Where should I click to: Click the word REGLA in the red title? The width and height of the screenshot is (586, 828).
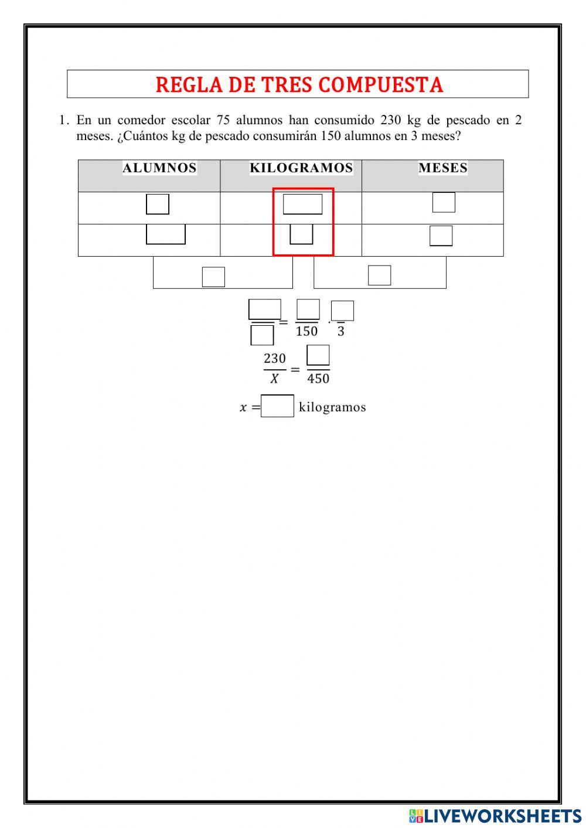point(189,84)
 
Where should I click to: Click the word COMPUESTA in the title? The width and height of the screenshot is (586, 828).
point(380,84)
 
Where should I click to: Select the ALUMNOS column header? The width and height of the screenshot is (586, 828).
point(159,168)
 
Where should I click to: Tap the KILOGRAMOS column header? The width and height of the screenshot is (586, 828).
point(301,168)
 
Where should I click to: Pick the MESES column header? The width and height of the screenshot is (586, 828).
point(443,168)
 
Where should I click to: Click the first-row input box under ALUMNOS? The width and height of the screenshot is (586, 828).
point(158,204)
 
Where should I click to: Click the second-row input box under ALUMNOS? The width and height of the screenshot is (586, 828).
point(166,234)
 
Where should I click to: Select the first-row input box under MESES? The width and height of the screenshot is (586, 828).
point(444,202)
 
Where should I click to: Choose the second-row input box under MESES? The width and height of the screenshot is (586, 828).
point(441,236)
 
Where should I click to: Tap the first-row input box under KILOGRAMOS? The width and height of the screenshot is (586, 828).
point(302,204)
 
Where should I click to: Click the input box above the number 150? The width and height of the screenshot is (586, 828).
point(308,309)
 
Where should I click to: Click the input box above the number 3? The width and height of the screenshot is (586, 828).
point(342,311)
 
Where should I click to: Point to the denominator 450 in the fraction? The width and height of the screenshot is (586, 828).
point(318,379)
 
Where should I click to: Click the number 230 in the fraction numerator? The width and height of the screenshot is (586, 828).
point(275,358)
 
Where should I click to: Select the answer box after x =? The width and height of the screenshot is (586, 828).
point(277,406)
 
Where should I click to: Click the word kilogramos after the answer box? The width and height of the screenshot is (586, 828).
point(332,407)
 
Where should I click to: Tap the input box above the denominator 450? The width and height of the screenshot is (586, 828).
point(318,355)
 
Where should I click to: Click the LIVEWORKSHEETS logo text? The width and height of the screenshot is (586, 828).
point(495,816)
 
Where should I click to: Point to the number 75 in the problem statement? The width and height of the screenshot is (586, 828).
point(223,120)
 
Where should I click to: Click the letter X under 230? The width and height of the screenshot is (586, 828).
point(274,379)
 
